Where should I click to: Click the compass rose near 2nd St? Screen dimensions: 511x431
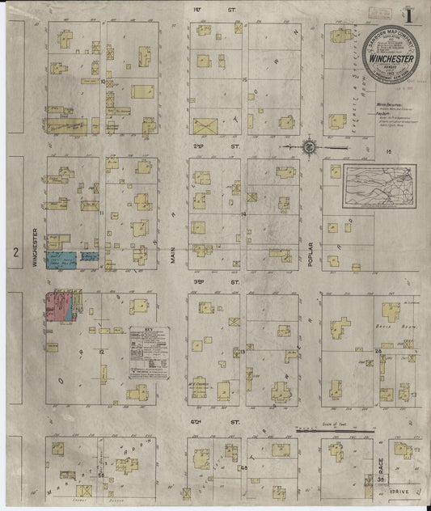(x=309, y=146)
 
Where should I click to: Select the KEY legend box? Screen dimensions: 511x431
(x=149, y=353)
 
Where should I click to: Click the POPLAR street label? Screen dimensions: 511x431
(x=310, y=259)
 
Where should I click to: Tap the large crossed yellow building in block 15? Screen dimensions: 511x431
(x=205, y=126)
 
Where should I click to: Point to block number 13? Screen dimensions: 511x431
(x=243, y=352)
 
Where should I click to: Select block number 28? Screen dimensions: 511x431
(x=378, y=351)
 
